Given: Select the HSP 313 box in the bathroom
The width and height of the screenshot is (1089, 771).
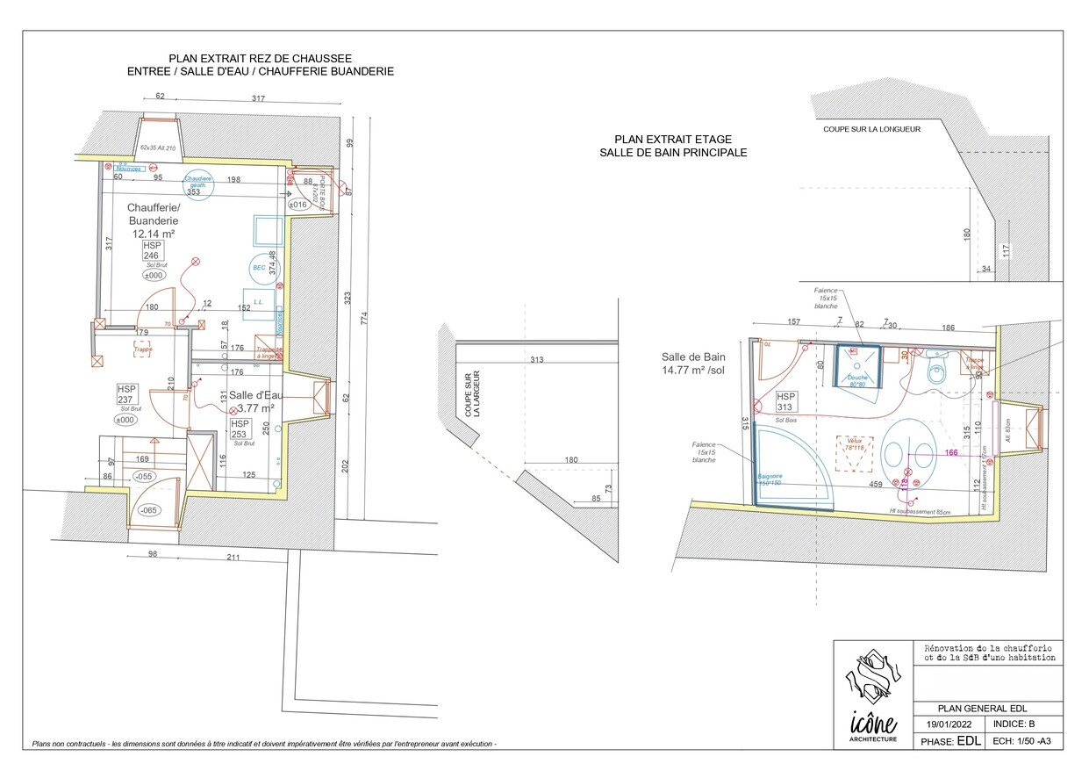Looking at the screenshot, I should (x=785, y=402).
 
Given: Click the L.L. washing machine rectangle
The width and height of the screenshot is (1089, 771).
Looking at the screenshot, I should (x=259, y=301).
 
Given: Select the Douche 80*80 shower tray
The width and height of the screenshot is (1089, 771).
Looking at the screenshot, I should (x=857, y=365).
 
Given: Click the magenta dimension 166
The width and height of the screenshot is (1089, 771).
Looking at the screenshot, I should (x=950, y=453).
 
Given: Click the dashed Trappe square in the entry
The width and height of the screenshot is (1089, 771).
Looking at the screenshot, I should (x=142, y=349).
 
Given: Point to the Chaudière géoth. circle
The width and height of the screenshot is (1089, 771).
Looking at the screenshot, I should (x=198, y=182).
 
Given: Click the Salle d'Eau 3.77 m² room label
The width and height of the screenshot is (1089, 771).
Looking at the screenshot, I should (x=253, y=401).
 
